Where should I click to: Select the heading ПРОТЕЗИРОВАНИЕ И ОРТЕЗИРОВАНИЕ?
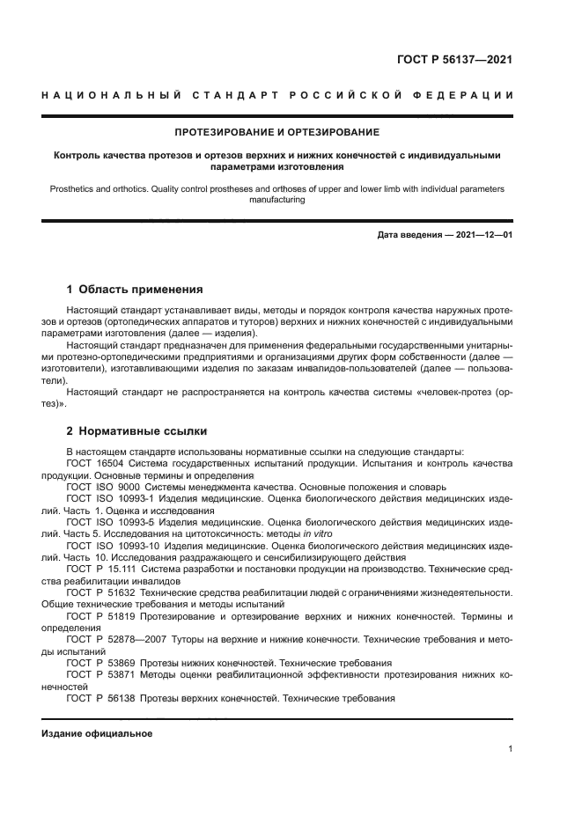tap(276, 133)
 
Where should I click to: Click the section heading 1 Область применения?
tap(135, 289)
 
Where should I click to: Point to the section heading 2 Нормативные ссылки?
tap(136, 431)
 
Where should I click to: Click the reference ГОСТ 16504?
tap(95, 463)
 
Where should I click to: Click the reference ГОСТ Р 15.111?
tap(102, 569)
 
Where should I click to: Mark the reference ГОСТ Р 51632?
tap(99, 593)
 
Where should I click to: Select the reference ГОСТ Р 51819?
tap(99, 617)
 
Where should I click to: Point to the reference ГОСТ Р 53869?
tap(99, 664)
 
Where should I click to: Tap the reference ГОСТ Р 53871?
tap(99, 675)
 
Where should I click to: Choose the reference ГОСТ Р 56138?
tap(99, 699)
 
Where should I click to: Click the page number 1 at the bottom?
tap(510, 749)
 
